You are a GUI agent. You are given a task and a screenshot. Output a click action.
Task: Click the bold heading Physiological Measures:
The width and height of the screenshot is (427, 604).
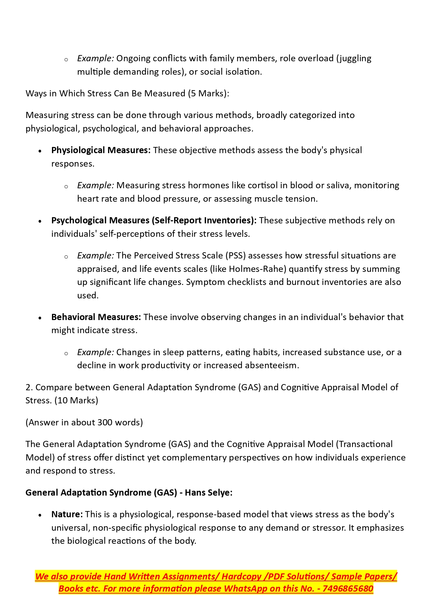tap(101, 150)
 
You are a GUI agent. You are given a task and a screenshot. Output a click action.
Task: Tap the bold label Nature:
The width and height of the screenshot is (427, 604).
tap(67, 514)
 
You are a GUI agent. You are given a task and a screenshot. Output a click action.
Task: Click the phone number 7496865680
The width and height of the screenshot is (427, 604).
tap(348, 589)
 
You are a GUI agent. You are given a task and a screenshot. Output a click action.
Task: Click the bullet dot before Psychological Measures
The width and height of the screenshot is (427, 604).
tap(40, 221)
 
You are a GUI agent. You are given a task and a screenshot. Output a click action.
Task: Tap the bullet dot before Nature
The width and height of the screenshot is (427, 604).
tap(40, 515)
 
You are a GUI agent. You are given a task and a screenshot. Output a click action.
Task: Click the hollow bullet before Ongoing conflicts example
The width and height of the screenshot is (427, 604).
tap(66, 59)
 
